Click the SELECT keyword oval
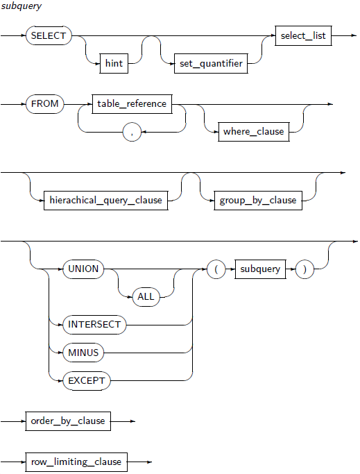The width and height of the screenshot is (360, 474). (49, 35)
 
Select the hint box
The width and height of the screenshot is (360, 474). (114, 63)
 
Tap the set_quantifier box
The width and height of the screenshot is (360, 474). (211, 63)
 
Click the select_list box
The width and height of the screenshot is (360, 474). (303, 35)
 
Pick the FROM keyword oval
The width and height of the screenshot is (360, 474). (44, 104)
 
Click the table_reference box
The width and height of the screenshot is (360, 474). (132, 104)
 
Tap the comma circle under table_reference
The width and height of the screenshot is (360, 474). (132, 132)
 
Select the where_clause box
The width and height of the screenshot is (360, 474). (254, 132)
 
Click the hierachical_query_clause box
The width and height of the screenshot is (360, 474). (106, 201)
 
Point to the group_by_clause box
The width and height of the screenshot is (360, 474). (258, 201)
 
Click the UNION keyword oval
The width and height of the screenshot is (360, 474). (83, 269)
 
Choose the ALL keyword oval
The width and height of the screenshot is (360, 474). (146, 297)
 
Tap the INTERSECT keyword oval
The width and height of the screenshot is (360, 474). (94, 325)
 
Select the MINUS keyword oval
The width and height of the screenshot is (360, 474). (83, 353)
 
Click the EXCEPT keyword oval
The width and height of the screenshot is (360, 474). (87, 380)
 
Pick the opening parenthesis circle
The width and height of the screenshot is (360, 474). (216, 269)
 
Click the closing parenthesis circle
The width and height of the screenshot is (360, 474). (305, 269)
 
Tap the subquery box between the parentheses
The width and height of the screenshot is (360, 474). (260, 269)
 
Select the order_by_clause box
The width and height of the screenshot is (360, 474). (68, 421)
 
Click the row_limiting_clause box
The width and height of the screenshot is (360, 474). (76, 462)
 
